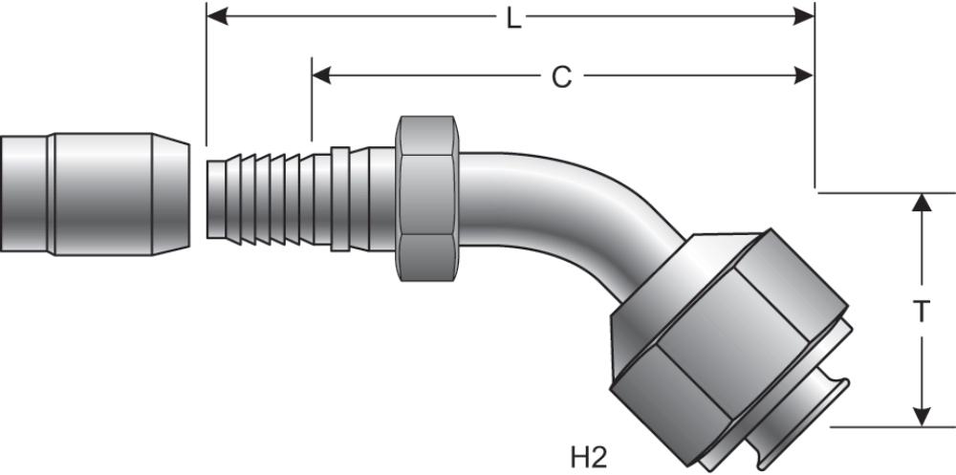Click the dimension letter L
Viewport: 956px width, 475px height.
point(513,17)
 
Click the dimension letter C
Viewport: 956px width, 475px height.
point(561,76)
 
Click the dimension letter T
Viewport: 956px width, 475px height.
point(921,313)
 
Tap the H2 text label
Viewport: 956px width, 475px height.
point(589,456)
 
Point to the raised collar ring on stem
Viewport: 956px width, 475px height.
point(339,199)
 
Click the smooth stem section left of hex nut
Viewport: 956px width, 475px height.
point(373,199)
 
